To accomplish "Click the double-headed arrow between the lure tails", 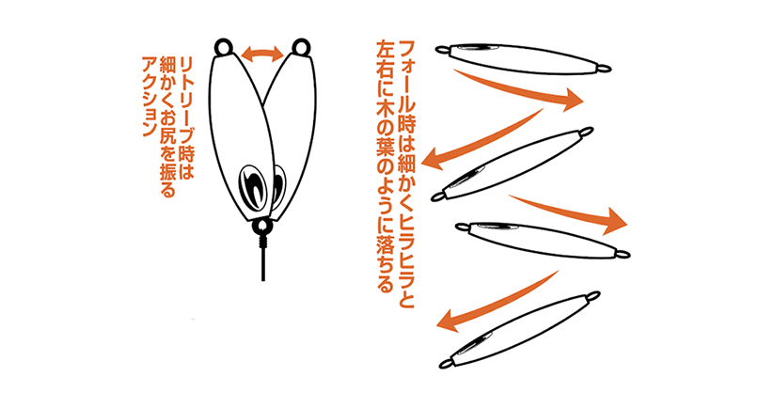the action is click(x=262, y=54).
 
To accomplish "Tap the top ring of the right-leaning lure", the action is click(x=301, y=48).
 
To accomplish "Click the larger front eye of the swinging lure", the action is click(x=252, y=188).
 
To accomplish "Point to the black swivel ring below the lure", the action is click(x=261, y=228).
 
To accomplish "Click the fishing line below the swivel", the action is click(x=262, y=264).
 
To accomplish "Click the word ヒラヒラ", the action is click(x=405, y=233).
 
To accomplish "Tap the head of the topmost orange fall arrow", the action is click(x=574, y=99).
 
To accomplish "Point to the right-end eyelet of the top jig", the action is click(x=604, y=69).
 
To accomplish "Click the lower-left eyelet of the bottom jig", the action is click(x=446, y=364).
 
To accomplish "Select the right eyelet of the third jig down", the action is click(x=623, y=255).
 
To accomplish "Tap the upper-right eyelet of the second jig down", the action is click(x=587, y=132).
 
